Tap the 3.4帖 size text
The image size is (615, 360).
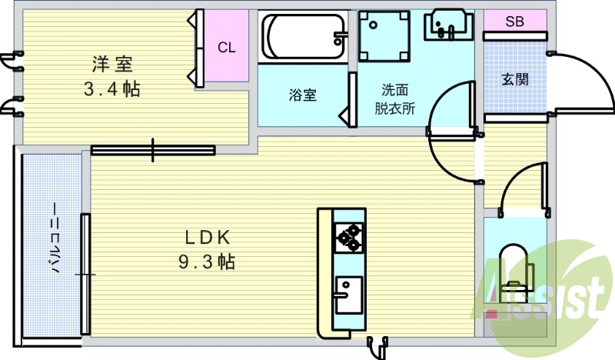(x=111, y=89)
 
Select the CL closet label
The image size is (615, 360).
(x=226, y=48)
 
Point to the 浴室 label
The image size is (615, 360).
(x=302, y=95)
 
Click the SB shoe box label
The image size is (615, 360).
(x=514, y=22)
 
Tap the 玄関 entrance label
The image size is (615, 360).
(x=514, y=79)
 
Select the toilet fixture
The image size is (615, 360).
(x=513, y=273)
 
